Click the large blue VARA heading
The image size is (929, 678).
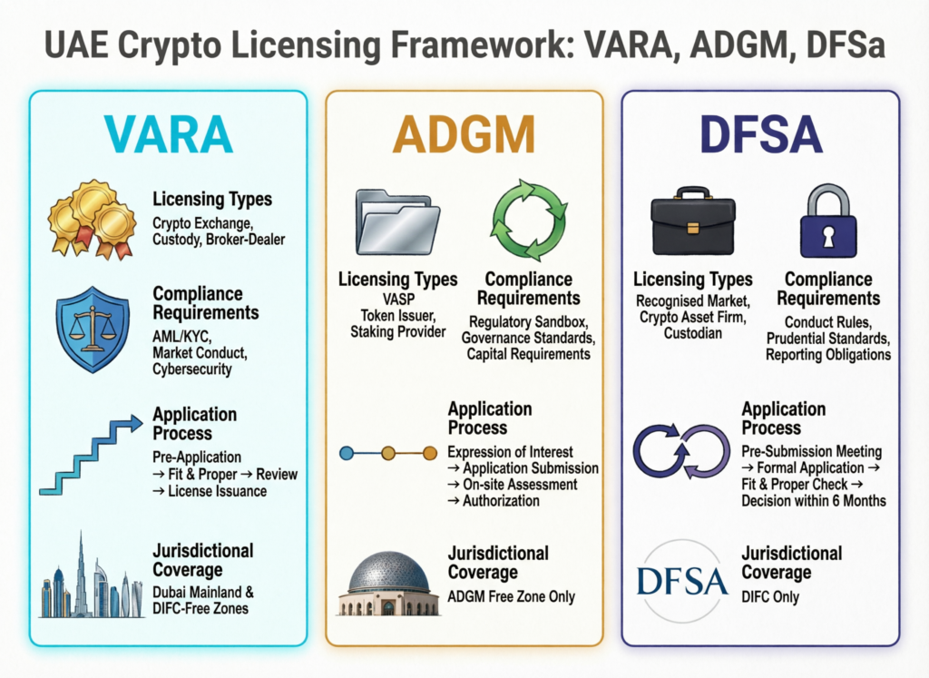169,134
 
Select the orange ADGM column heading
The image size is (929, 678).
464,134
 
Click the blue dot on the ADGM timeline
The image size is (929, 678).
346,452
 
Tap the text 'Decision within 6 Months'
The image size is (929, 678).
813,500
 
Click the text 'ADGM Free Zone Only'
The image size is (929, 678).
511,596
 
